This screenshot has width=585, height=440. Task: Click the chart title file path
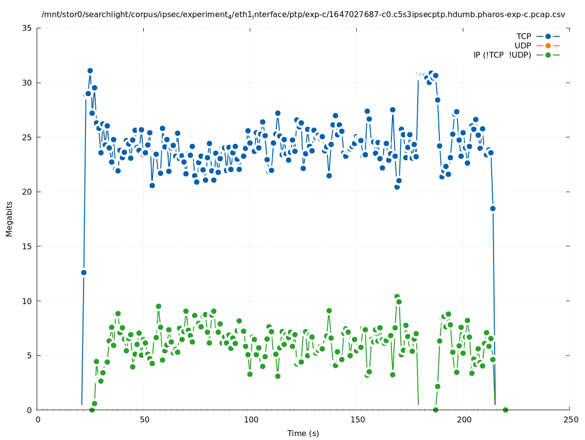pos(303,15)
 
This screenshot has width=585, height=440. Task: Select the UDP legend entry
pos(522,46)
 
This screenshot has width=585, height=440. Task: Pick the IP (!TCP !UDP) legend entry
pos(502,55)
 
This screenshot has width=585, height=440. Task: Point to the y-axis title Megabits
pos(9,219)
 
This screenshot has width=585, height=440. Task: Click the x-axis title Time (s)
pos(303,433)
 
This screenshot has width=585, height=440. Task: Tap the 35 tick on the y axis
pos(27,28)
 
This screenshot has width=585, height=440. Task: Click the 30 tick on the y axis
pos(27,83)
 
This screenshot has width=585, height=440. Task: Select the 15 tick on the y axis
pos(27,246)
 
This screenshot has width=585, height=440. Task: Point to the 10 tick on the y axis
pos(27,301)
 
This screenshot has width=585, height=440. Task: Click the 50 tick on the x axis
pos(144,419)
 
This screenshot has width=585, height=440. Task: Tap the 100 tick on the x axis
pos(251,419)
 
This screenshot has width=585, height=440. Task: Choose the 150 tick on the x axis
pos(357,419)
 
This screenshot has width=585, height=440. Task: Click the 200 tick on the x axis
pos(464,419)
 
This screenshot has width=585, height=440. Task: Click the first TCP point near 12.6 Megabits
pos(84,272)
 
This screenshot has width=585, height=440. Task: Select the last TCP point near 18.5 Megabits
pos(493,208)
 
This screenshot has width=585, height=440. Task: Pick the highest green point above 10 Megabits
pos(397,297)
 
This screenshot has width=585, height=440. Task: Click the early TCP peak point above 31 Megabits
pos(90,70)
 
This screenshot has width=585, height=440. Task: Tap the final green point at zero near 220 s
pos(505,410)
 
